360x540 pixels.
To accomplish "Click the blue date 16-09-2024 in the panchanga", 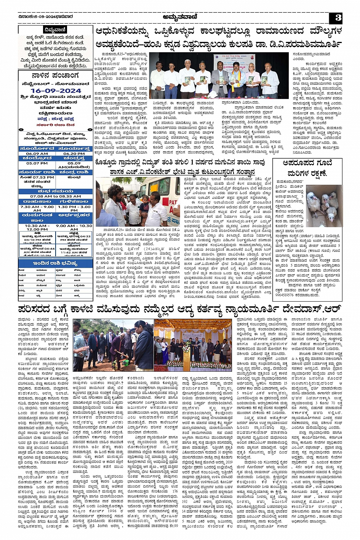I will (56, 91).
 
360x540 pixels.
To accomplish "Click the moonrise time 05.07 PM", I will (37, 163).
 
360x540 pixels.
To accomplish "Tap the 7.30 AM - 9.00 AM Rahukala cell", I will (37, 209).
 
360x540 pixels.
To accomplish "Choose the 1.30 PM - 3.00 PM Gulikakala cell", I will (74, 209).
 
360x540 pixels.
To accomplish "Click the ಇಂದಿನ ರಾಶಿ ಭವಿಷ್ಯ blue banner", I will (56, 263).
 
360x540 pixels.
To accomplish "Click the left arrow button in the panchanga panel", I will (21, 129).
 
